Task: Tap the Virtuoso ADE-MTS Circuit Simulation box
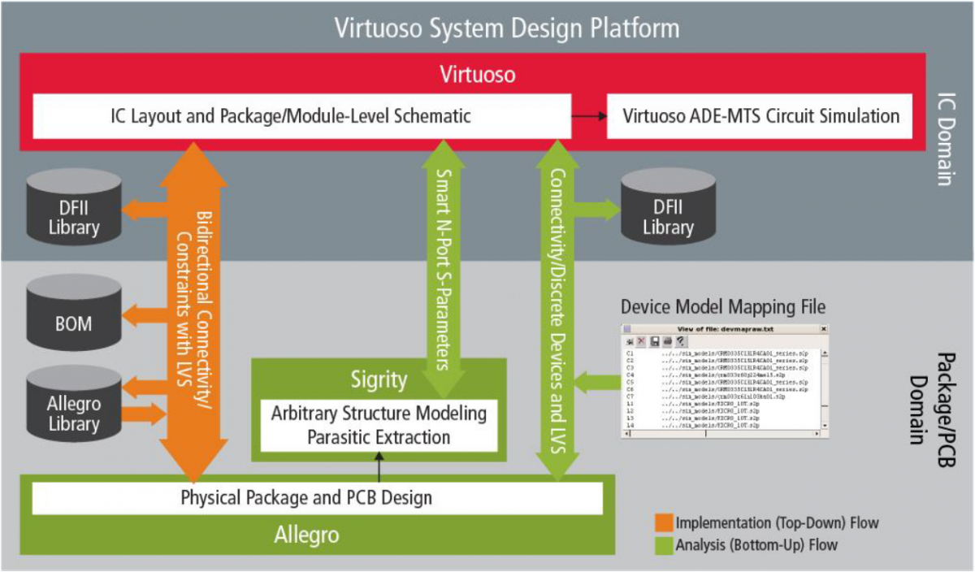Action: [761, 116]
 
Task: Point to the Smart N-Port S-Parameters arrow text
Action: [444, 268]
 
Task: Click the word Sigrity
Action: [378, 379]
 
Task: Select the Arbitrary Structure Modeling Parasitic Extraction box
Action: [378, 425]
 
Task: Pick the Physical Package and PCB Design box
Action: [317, 497]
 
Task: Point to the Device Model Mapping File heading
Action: [722, 306]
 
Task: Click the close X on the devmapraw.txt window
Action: [823, 328]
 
